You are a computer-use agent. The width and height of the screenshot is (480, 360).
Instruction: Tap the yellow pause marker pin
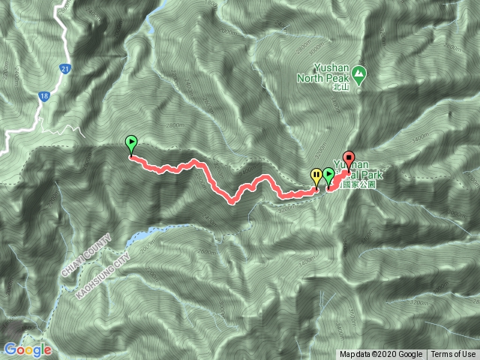[316, 177]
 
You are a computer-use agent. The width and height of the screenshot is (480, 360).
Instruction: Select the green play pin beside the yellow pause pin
[328, 176]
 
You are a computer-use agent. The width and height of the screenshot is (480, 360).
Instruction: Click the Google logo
[27, 349]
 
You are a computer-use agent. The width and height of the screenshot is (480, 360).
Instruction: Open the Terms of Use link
[453, 355]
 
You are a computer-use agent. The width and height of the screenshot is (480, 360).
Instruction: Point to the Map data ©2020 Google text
[381, 355]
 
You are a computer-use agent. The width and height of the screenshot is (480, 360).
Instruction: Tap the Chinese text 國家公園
[357, 184]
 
